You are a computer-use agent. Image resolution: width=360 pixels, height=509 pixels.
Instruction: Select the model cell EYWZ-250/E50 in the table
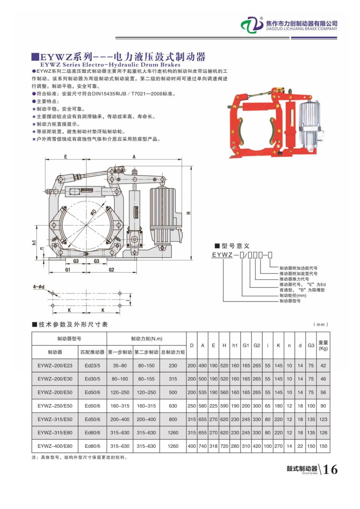(x=55, y=406)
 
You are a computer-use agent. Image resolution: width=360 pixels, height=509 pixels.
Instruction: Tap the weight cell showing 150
(x=323, y=446)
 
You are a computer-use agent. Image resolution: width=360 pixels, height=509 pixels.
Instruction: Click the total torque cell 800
(x=173, y=419)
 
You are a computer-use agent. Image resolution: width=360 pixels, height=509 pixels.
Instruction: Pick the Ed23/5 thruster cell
(x=92, y=365)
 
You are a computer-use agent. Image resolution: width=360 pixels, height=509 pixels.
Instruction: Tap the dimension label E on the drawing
(x=65, y=157)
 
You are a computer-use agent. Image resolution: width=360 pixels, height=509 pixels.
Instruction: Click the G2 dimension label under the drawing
(x=111, y=270)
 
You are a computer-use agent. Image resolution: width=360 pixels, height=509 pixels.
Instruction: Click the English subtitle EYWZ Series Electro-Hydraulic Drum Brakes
(x=110, y=64)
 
